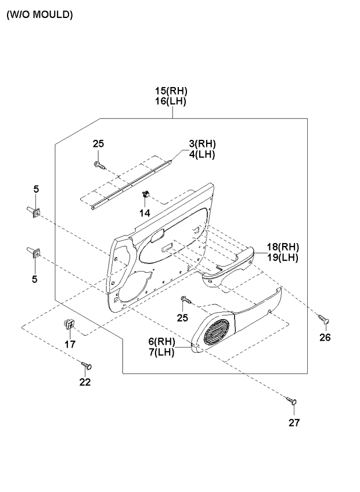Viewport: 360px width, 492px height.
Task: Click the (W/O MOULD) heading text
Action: [x=39, y=15]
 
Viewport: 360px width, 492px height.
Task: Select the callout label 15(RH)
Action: [x=171, y=91]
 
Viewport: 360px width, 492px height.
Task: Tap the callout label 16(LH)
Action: [x=171, y=102]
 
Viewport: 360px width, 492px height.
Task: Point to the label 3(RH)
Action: [x=202, y=144]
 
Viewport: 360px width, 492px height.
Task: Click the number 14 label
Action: [x=145, y=213]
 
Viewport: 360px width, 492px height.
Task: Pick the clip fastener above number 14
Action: [x=146, y=194]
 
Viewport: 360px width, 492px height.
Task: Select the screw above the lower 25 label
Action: [x=185, y=299]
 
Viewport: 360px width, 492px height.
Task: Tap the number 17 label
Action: [x=70, y=344]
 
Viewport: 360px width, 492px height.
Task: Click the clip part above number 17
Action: [x=69, y=324]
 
